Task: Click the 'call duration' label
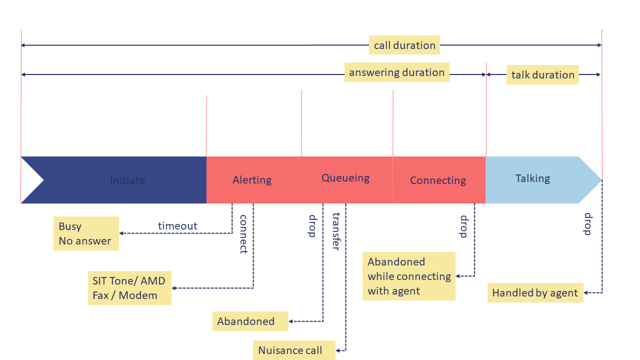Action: [x=404, y=45]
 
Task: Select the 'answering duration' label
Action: [x=396, y=72]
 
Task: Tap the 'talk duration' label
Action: [x=542, y=75]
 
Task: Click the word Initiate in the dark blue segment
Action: [x=127, y=180]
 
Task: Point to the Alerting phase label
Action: [x=252, y=180]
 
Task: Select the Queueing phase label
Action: [x=345, y=178]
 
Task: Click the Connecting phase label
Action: [x=438, y=180]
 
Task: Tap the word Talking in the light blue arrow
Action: [x=532, y=178]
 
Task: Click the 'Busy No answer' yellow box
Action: [x=86, y=233]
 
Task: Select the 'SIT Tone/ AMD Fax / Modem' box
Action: [x=129, y=288]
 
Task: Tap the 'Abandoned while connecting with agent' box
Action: [x=409, y=276]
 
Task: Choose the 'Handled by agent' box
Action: [x=535, y=293]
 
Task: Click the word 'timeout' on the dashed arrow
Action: [x=177, y=226]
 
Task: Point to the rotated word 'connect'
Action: [x=243, y=234]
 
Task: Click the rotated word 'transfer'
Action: [x=336, y=231]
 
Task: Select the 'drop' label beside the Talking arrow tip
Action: [x=588, y=224]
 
